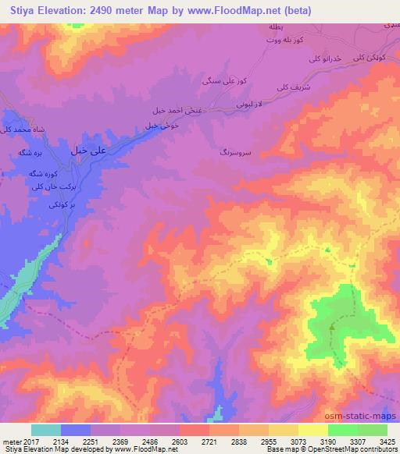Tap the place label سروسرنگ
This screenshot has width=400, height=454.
[x=234, y=154]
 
